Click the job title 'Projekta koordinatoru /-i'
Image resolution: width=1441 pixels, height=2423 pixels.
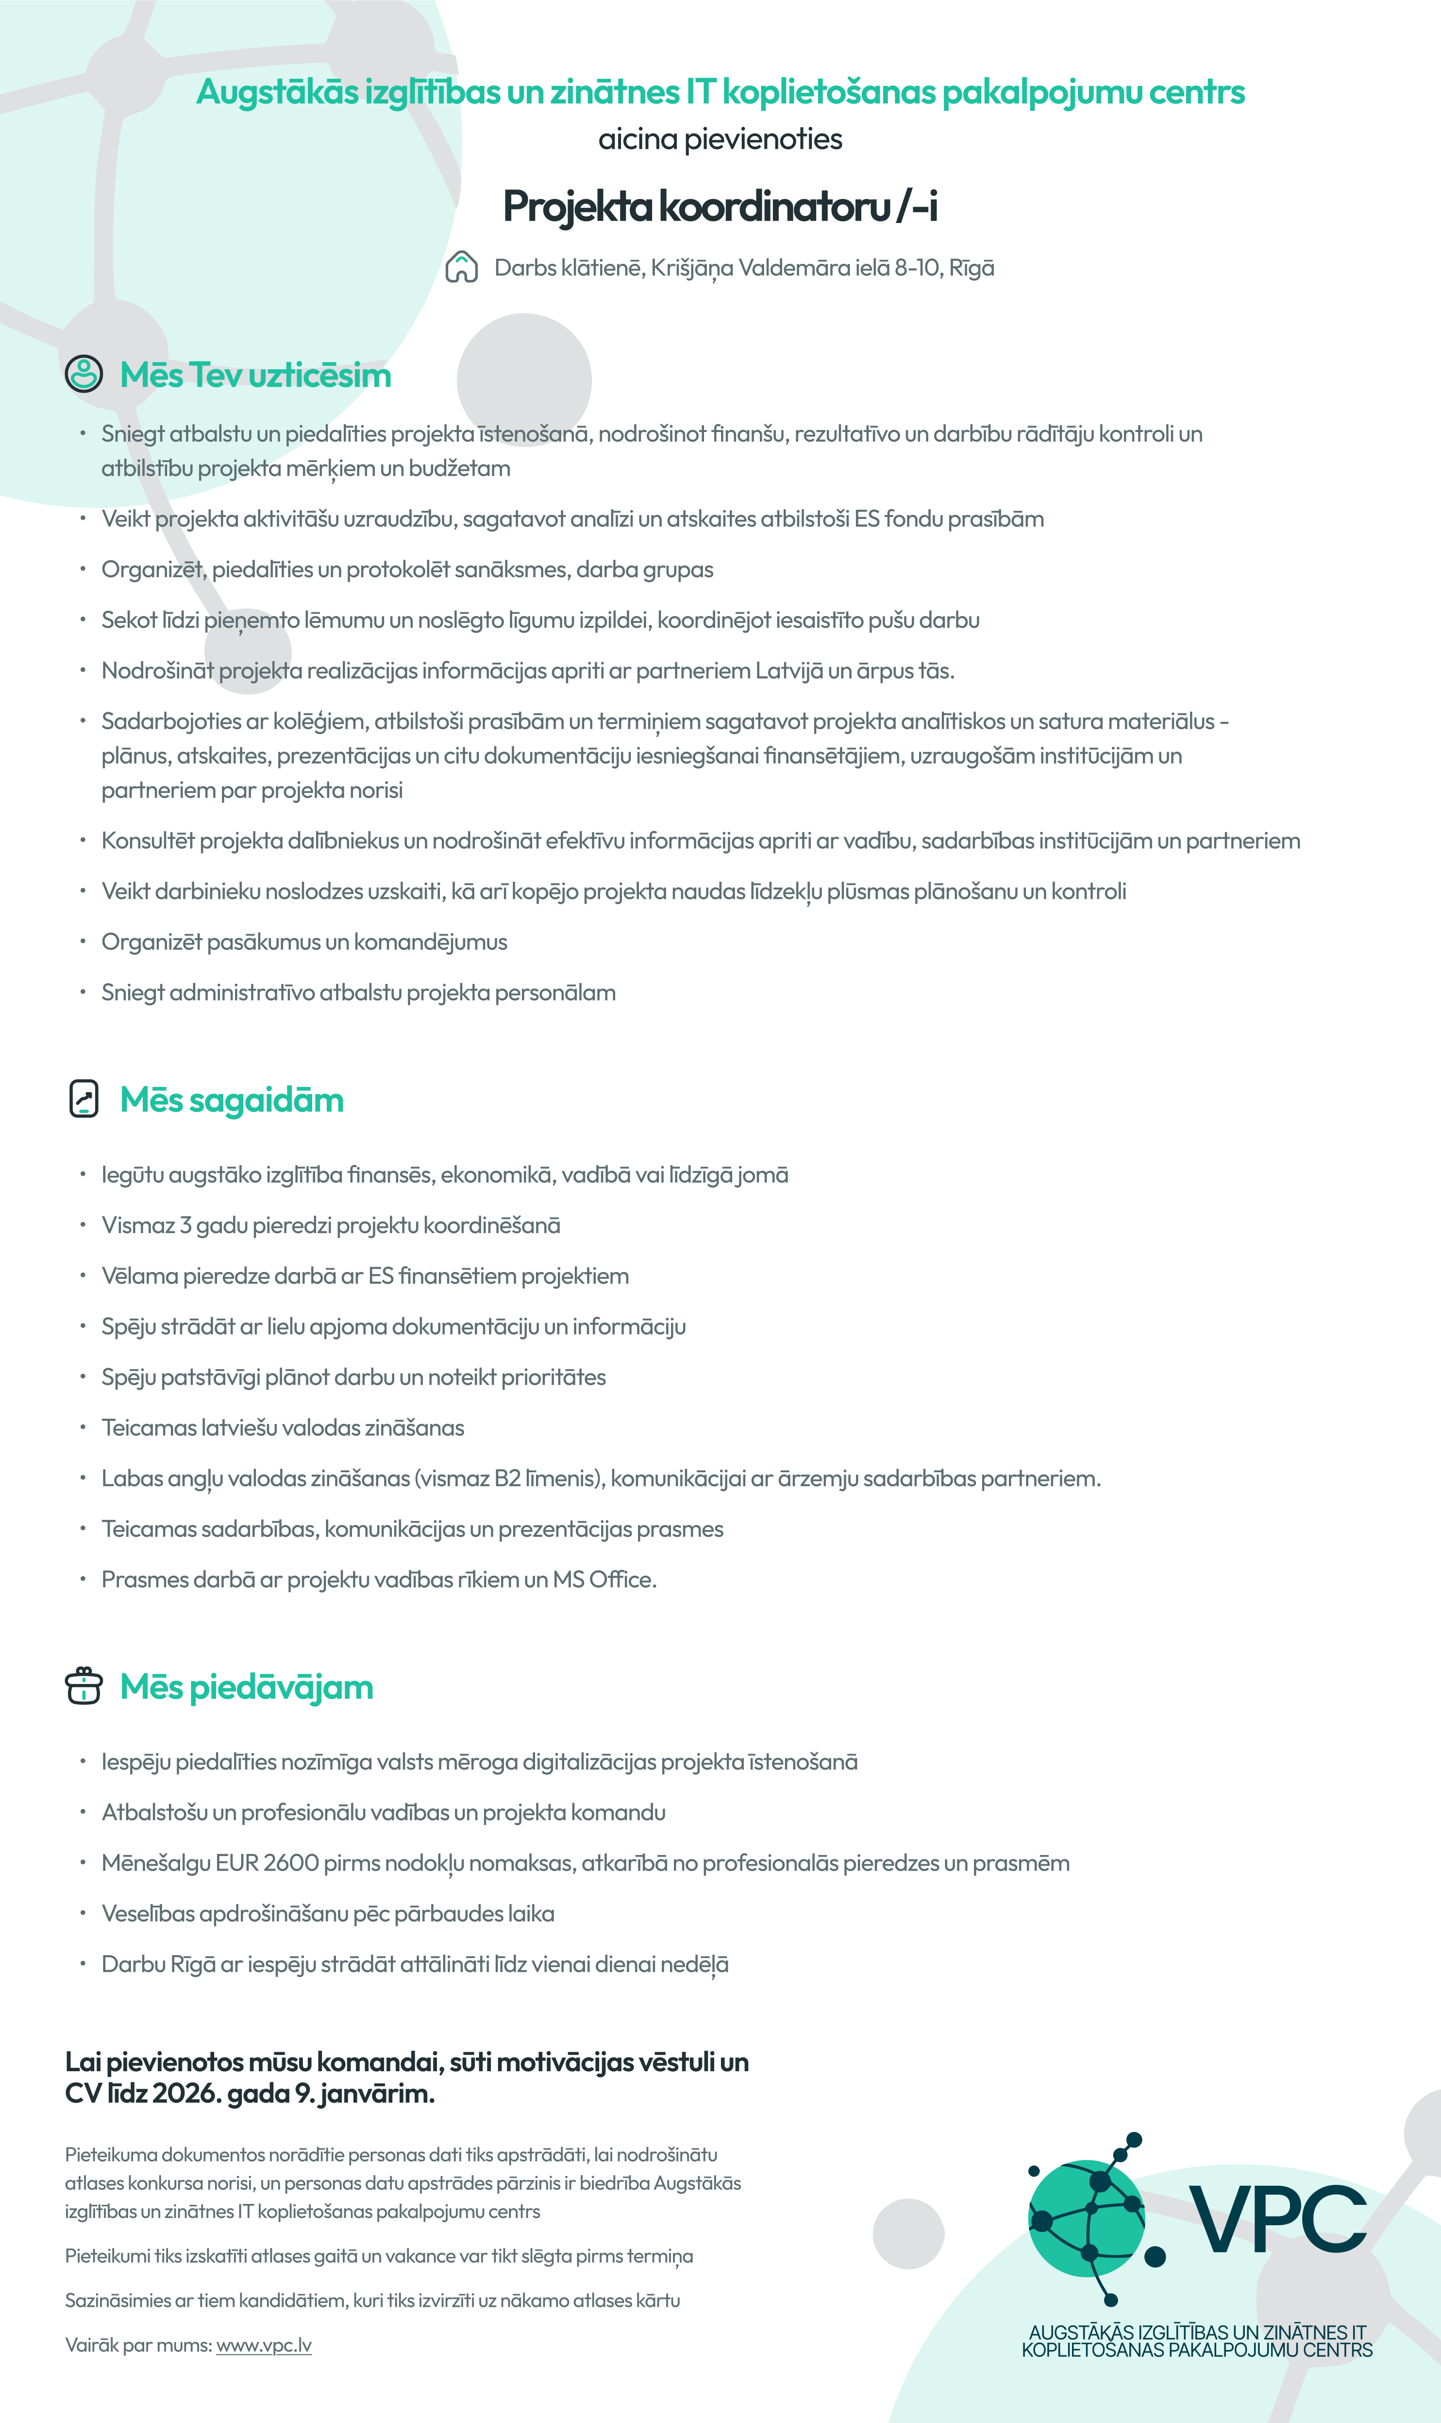click(720, 206)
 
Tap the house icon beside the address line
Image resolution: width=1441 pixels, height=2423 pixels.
click(461, 267)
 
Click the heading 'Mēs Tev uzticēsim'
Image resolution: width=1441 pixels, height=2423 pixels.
click(255, 375)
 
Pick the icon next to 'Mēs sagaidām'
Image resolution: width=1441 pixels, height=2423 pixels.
click(84, 1099)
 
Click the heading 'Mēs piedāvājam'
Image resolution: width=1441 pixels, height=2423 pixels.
click(247, 1687)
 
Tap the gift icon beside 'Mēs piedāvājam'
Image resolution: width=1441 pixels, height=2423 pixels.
click(84, 1685)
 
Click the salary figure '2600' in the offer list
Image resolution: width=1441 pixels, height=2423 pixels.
click(291, 1863)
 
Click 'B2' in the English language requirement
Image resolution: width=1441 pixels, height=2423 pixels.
click(508, 1478)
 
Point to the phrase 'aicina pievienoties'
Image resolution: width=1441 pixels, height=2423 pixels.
click(720, 139)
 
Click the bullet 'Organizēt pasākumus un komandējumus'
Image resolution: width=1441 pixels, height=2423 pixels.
click(304, 943)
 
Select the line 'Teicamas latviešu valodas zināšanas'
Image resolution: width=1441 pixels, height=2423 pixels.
click(283, 1428)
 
